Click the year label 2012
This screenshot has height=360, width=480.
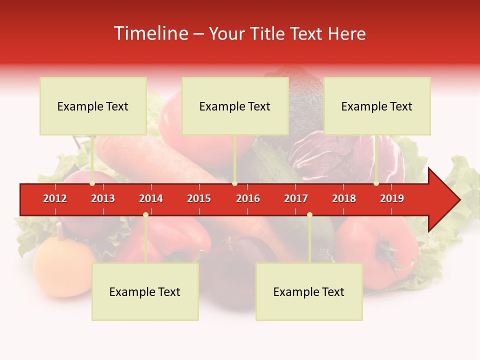[x=55, y=198]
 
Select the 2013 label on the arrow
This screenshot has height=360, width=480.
[x=103, y=198]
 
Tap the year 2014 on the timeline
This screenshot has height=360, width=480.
[x=151, y=198]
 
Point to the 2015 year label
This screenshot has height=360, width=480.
[x=199, y=198]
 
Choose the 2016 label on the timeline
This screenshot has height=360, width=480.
[x=248, y=198]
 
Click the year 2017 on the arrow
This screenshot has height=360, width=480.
[x=296, y=198]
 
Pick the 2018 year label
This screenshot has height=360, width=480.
[x=344, y=198]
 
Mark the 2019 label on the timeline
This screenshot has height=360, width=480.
[x=392, y=198]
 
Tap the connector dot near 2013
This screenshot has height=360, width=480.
[x=92, y=183]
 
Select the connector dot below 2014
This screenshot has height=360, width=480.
[x=145, y=214]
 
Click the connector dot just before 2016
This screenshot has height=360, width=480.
[x=234, y=183]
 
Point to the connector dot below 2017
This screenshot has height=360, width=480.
[x=309, y=214]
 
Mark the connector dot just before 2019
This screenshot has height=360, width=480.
[x=376, y=183]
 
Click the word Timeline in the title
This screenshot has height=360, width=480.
[x=150, y=33]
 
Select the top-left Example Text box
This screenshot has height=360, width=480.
[x=93, y=106]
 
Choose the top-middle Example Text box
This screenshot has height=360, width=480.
[x=235, y=106]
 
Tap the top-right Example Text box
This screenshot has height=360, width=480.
[x=377, y=106]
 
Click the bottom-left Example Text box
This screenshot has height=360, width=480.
[x=145, y=291]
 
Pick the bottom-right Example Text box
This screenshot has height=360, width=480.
[x=309, y=291]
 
